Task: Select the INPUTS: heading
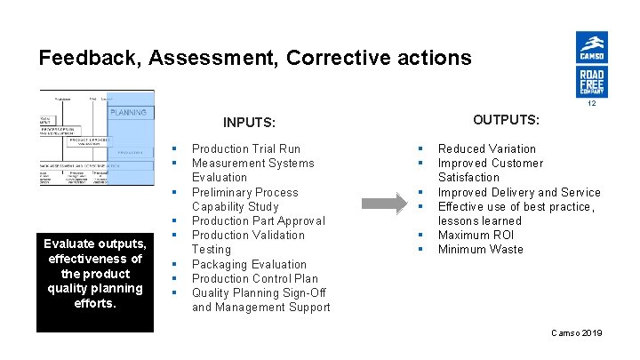pos(249,123)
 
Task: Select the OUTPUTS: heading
pos(506,119)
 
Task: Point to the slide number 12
pos(590,103)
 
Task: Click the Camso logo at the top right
pos(591,46)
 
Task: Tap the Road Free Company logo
pos(591,82)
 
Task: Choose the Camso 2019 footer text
pos(576,332)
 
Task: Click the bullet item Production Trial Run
pos(246,148)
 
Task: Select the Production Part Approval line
pos(259,220)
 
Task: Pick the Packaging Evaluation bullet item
pos(249,264)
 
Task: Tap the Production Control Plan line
pos(256,278)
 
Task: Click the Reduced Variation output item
pos(487,148)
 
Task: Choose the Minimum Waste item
pos(481,249)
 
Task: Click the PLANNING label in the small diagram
pos(129,113)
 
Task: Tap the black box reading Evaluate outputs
pos(94,272)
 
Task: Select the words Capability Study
pos(236,206)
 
